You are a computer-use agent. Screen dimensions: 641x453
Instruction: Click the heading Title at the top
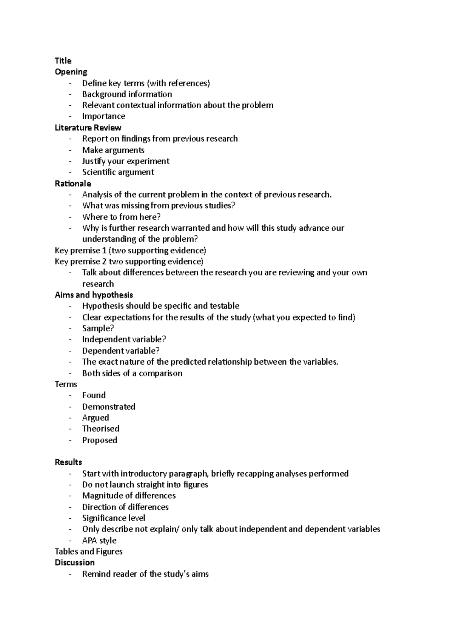pos(63,61)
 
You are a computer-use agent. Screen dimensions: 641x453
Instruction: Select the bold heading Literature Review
pos(88,128)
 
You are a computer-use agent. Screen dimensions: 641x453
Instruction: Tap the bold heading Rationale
pos(73,183)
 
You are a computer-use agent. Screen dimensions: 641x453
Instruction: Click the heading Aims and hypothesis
pos(94,295)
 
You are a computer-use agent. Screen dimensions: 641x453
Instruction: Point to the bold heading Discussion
pos(75,562)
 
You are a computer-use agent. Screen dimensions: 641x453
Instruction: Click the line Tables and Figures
pos(88,552)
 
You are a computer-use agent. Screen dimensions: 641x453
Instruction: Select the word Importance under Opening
pos(103,116)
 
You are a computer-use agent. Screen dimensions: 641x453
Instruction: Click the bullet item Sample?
pos(98,328)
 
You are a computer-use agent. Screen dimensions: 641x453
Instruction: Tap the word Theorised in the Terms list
pos(100,429)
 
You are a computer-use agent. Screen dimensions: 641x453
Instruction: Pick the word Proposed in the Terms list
pos(100,440)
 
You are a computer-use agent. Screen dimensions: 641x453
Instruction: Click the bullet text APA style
pos(99,541)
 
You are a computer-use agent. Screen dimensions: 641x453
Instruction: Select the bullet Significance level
pos(114,518)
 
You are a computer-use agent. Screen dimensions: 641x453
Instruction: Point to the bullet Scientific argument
pos(118,172)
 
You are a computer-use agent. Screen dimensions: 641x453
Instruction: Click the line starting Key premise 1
pos(130,251)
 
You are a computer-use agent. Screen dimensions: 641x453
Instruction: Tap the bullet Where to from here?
pos(121,217)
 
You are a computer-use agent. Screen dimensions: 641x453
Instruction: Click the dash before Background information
pos(70,94)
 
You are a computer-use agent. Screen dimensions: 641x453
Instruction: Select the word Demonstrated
pos(109,407)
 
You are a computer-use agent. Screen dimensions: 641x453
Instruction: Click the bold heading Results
pos(68,462)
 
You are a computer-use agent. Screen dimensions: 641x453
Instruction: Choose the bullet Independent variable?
pos(124,339)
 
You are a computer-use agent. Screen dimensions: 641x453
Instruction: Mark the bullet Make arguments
pos(113,150)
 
